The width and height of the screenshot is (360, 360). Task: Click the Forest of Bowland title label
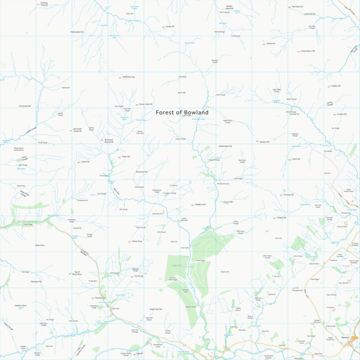pyautogui.click(x=182, y=112)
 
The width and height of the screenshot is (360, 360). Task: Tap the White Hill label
pyautogui.click(x=271, y=43)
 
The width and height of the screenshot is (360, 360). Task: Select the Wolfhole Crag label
pyautogui.click(x=129, y=77)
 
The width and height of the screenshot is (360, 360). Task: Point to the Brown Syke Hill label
pyautogui.click(x=146, y=104)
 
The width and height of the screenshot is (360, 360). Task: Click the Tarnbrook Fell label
pyautogui.click(x=25, y=106)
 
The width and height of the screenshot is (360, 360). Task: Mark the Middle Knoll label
pyautogui.click(x=199, y=204)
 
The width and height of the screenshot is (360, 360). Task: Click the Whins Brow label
pyautogui.click(x=137, y=241)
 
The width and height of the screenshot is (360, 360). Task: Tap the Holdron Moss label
pyautogui.click(x=21, y=306)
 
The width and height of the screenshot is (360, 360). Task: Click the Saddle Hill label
pyautogui.click(x=337, y=86)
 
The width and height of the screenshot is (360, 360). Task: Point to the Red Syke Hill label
pyautogui.click(x=298, y=7)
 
